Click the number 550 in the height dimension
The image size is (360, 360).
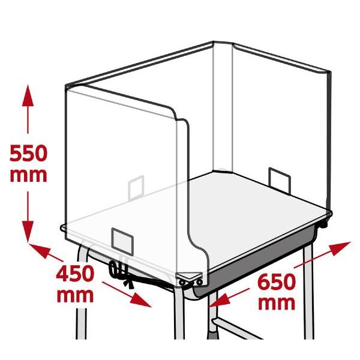pos(28,154)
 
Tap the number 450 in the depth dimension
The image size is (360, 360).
pos(75,274)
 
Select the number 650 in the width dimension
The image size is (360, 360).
pos(277,282)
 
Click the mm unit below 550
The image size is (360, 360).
pos(28,176)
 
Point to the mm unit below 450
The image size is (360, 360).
pos(75,296)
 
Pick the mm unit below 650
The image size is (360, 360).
pos(277,304)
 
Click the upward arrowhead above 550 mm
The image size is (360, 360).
pos(28,95)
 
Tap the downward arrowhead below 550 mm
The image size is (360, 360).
pos(28,232)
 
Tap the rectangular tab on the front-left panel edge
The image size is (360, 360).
pos(122,241)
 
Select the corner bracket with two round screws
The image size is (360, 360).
pos(190,279)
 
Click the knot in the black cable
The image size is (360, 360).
pos(128,283)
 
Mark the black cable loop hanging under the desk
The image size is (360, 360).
pos(113,269)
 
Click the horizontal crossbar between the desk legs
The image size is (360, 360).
pos(236,328)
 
